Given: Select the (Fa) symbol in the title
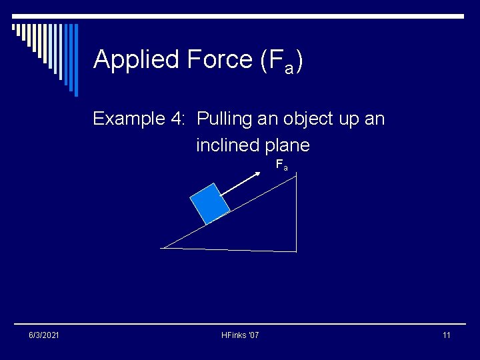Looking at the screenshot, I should (280, 61).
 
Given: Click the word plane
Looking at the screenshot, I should (287, 145).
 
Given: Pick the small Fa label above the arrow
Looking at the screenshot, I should (282, 165).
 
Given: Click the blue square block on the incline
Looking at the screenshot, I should (209, 203).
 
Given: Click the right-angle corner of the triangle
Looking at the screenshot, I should (295, 251).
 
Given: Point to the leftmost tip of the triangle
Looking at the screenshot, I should (162, 248).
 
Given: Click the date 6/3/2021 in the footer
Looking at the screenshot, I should (44, 335).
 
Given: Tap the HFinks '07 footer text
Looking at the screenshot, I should (240, 335).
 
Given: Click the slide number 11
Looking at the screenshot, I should (446, 335).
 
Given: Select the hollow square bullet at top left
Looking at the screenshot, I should (14, 28).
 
